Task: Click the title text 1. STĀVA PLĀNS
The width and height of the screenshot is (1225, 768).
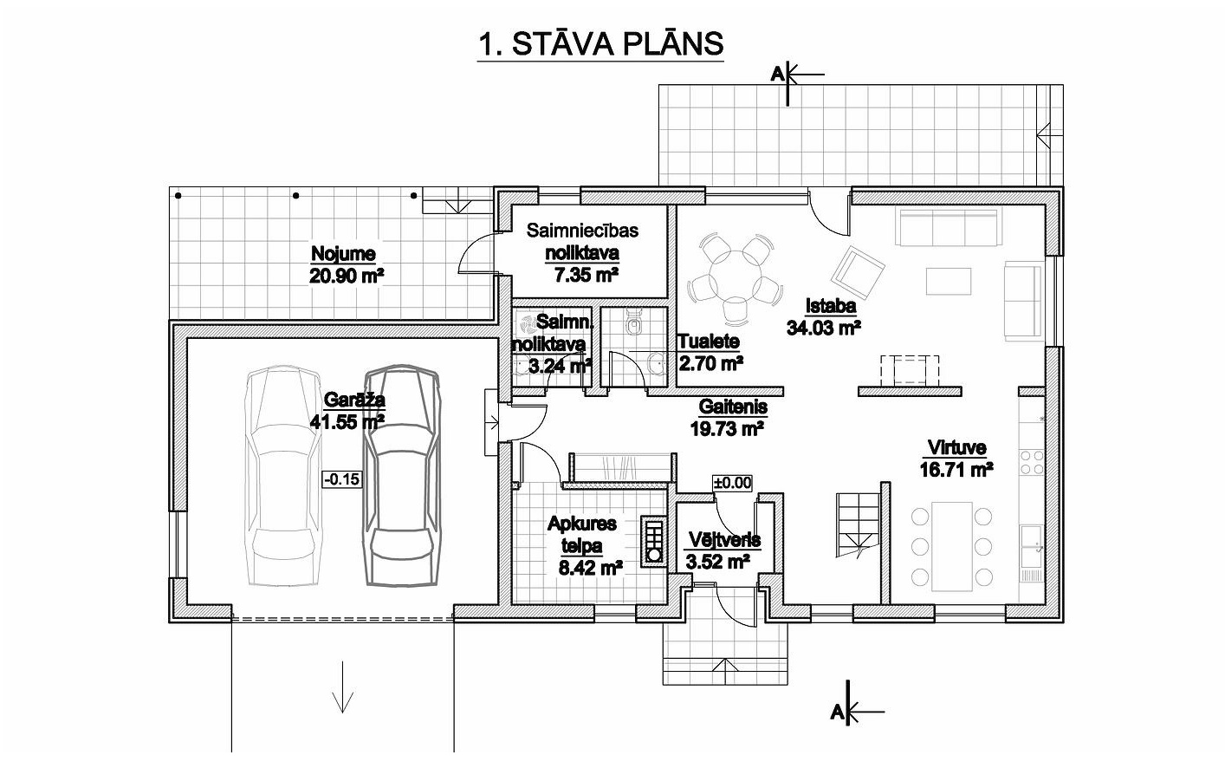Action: pos(600,44)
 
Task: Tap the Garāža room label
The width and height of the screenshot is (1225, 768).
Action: pos(354,400)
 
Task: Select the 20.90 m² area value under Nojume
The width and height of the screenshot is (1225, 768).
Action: pos(347,277)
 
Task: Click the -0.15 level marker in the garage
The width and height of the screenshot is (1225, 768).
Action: pos(342,479)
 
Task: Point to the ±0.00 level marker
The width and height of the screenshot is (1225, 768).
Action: pos(732,483)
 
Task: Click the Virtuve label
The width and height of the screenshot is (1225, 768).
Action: pos(957,447)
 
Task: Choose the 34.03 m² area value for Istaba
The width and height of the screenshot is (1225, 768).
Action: pos(824,328)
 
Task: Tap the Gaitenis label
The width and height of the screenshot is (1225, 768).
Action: pos(733,407)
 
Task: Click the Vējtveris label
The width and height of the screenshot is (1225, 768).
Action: pos(724,540)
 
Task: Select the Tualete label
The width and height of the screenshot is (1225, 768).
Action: pos(709,342)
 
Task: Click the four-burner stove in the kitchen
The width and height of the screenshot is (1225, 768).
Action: pos(1032,462)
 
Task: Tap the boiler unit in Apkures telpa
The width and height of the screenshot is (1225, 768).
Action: pos(653,540)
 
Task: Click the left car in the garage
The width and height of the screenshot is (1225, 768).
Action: pos(282,476)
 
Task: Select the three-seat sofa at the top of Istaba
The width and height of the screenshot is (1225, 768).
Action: pos(949,227)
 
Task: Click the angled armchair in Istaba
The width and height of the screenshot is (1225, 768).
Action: pos(858,272)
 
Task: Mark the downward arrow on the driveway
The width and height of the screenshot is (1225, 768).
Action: pos(343,687)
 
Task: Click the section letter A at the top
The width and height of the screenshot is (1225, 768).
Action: pos(777,74)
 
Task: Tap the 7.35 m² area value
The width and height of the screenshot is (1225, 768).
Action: pos(587,275)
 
